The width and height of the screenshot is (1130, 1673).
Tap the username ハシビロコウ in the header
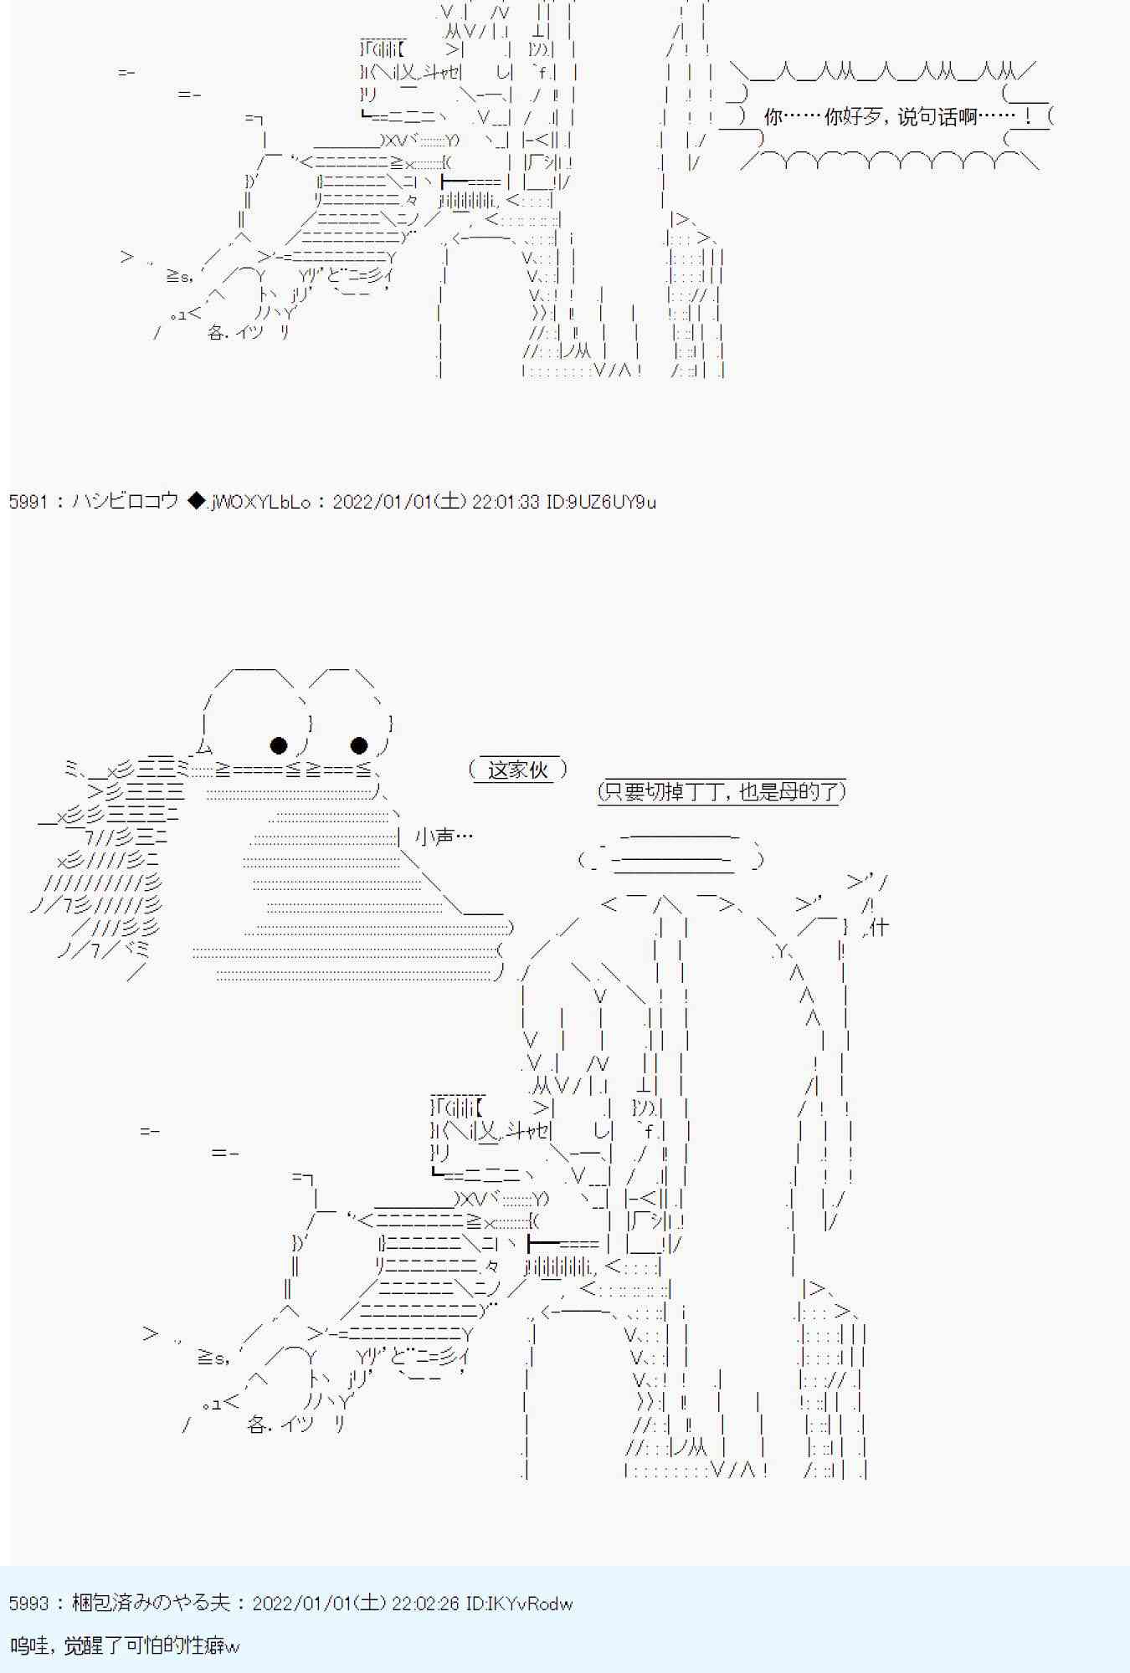[126, 502]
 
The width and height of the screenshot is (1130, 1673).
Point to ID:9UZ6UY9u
[601, 502]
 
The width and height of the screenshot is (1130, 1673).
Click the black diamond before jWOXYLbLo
[196, 502]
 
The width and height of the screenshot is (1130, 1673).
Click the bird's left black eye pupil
[279, 744]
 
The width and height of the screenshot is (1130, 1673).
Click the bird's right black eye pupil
[359, 744]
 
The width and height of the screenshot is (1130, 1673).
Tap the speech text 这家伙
[517, 770]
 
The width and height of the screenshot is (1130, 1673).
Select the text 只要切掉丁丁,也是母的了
[722, 791]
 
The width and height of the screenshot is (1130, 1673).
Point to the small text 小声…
[444, 836]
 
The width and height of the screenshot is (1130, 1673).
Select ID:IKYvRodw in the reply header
[519, 1603]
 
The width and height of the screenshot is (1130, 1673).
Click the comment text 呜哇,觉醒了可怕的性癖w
[126, 1645]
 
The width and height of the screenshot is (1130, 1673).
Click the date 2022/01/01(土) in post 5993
[318, 1603]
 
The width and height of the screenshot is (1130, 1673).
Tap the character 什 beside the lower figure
[879, 927]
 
